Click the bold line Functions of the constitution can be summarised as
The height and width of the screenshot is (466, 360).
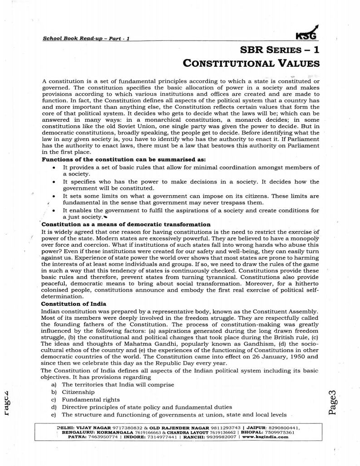pos(123,160)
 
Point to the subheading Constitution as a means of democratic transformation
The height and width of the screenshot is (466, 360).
pos(126,224)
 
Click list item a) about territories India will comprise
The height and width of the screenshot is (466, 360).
pos(113,384)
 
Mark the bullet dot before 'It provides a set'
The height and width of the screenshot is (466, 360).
pos(54,168)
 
